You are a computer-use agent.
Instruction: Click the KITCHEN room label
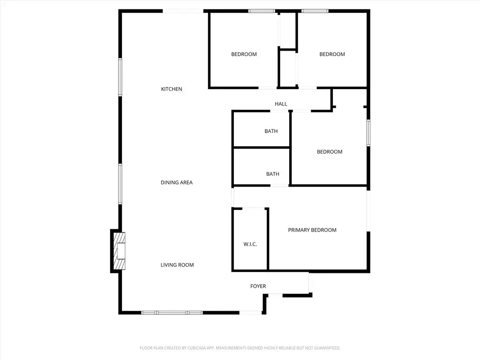click(172, 89)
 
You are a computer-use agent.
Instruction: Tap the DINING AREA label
click(177, 182)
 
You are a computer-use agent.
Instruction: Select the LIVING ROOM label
click(177, 265)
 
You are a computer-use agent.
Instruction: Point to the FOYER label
click(258, 286)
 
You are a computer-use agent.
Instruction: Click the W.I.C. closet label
click(250, 244)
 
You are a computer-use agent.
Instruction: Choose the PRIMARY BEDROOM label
click(312, 230)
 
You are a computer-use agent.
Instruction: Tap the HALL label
click(281, 104)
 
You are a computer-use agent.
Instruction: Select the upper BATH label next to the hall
click(271, 131)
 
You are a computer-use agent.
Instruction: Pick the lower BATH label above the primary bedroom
click(272, 174)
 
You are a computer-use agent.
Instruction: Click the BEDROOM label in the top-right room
click(332, 54)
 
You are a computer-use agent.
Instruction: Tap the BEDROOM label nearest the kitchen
click(244, 54)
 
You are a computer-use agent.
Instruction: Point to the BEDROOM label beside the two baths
click(330, 152)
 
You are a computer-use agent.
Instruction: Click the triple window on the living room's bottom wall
click(172, 313)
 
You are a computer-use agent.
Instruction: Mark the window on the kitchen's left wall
click(120, 77)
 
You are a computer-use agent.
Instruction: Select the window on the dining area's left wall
click(120, 184)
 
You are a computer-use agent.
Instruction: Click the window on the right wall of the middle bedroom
click(368, 133)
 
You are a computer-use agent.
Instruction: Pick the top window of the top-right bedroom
click(315, 11)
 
